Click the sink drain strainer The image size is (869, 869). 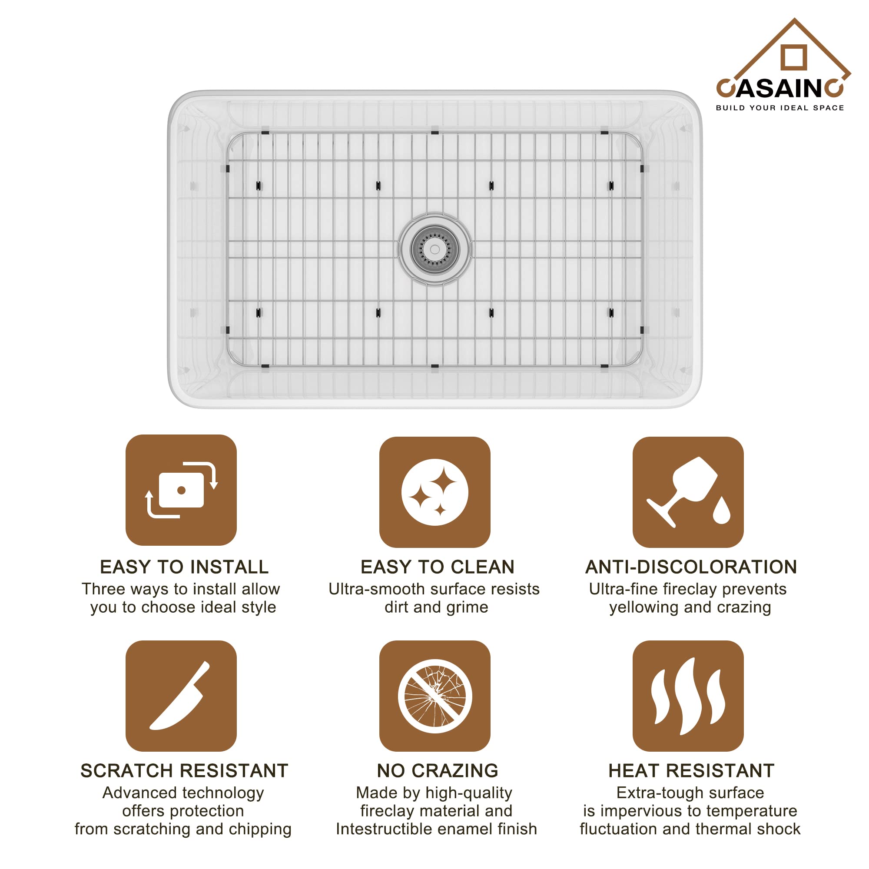pyautogui.click(x=434, y=249)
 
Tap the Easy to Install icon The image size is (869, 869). pyautogui.click(x=181, y=490)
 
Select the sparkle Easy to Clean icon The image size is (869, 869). pyautogui.click(x=434, y=492)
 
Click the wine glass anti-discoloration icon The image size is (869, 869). pyautogui.click(x=688, y=492)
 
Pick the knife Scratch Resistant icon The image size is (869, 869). pyautogui.click(x=181, y=696)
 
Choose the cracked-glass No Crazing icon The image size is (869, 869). pyautogui.click(x=434, y=696)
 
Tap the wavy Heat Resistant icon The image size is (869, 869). pyautogui.click(x=688, y=696)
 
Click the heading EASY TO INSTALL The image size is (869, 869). pyautogui.click(x=184, y=567)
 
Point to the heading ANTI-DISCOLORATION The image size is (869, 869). pyautogui.click(x=691, y=567)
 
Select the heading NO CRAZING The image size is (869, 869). pyautogui.click(x=437, y=770)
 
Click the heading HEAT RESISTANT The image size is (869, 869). pyautogui.click(x=691, y=770)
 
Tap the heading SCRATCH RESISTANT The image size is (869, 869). pyautogui.click(x=184, y=770)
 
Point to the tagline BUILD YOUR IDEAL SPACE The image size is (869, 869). pyautogui.click(x=780, y=108)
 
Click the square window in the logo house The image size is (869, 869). pyautogui.click(x=794, y=57)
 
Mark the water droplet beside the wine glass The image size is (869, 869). pyautogui.click(x=721, y=510)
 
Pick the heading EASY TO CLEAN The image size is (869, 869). pyautogui.click(x=437, y=567)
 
